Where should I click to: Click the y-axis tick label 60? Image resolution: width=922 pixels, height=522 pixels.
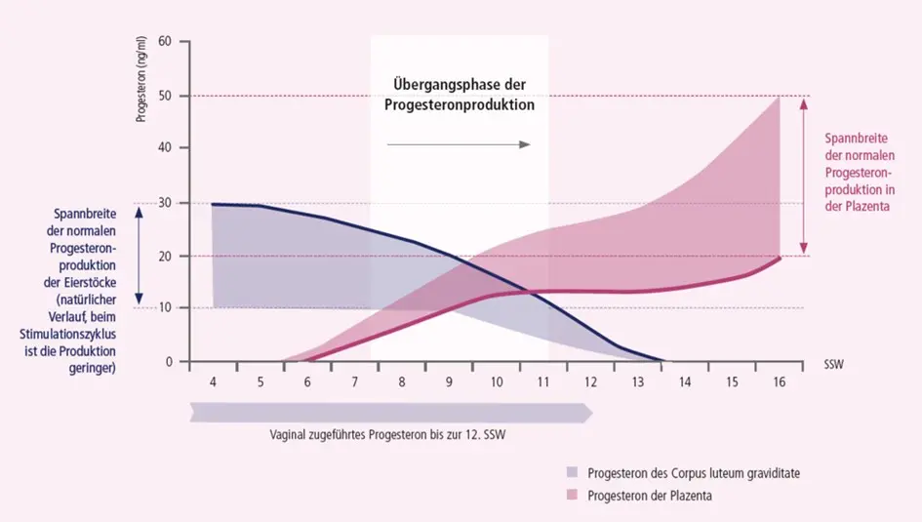[165, 42]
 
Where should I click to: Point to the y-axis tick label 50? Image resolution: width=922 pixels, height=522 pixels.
[165, 96]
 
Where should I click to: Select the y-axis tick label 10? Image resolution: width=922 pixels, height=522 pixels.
[165, 308]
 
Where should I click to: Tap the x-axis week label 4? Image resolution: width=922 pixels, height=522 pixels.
[213, 382]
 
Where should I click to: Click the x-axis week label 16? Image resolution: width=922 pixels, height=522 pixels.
[778, 382]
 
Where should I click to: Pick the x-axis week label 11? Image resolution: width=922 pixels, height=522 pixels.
[542, 382]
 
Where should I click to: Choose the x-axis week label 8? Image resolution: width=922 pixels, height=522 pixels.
[401, 382]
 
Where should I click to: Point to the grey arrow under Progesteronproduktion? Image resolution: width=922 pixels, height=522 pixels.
[458, 144]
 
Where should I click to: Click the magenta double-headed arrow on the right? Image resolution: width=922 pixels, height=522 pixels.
[802, 177]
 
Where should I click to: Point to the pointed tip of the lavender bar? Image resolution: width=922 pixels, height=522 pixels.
[590, 412]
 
